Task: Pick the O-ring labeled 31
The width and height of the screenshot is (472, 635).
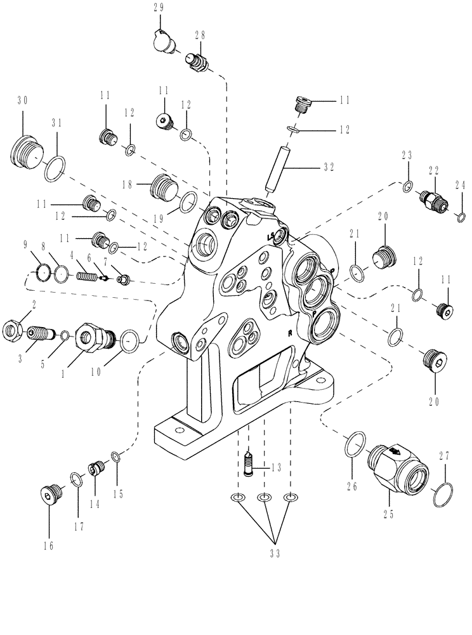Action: (x=55, y=170)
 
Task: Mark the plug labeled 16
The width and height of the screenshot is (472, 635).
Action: (x=49, y=493)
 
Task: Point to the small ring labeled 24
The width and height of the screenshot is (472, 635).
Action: (x=461, y=219)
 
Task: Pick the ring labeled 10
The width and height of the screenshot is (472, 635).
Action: (x=129, y=341)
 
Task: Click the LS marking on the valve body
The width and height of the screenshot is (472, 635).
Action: (x=272, y=236)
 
